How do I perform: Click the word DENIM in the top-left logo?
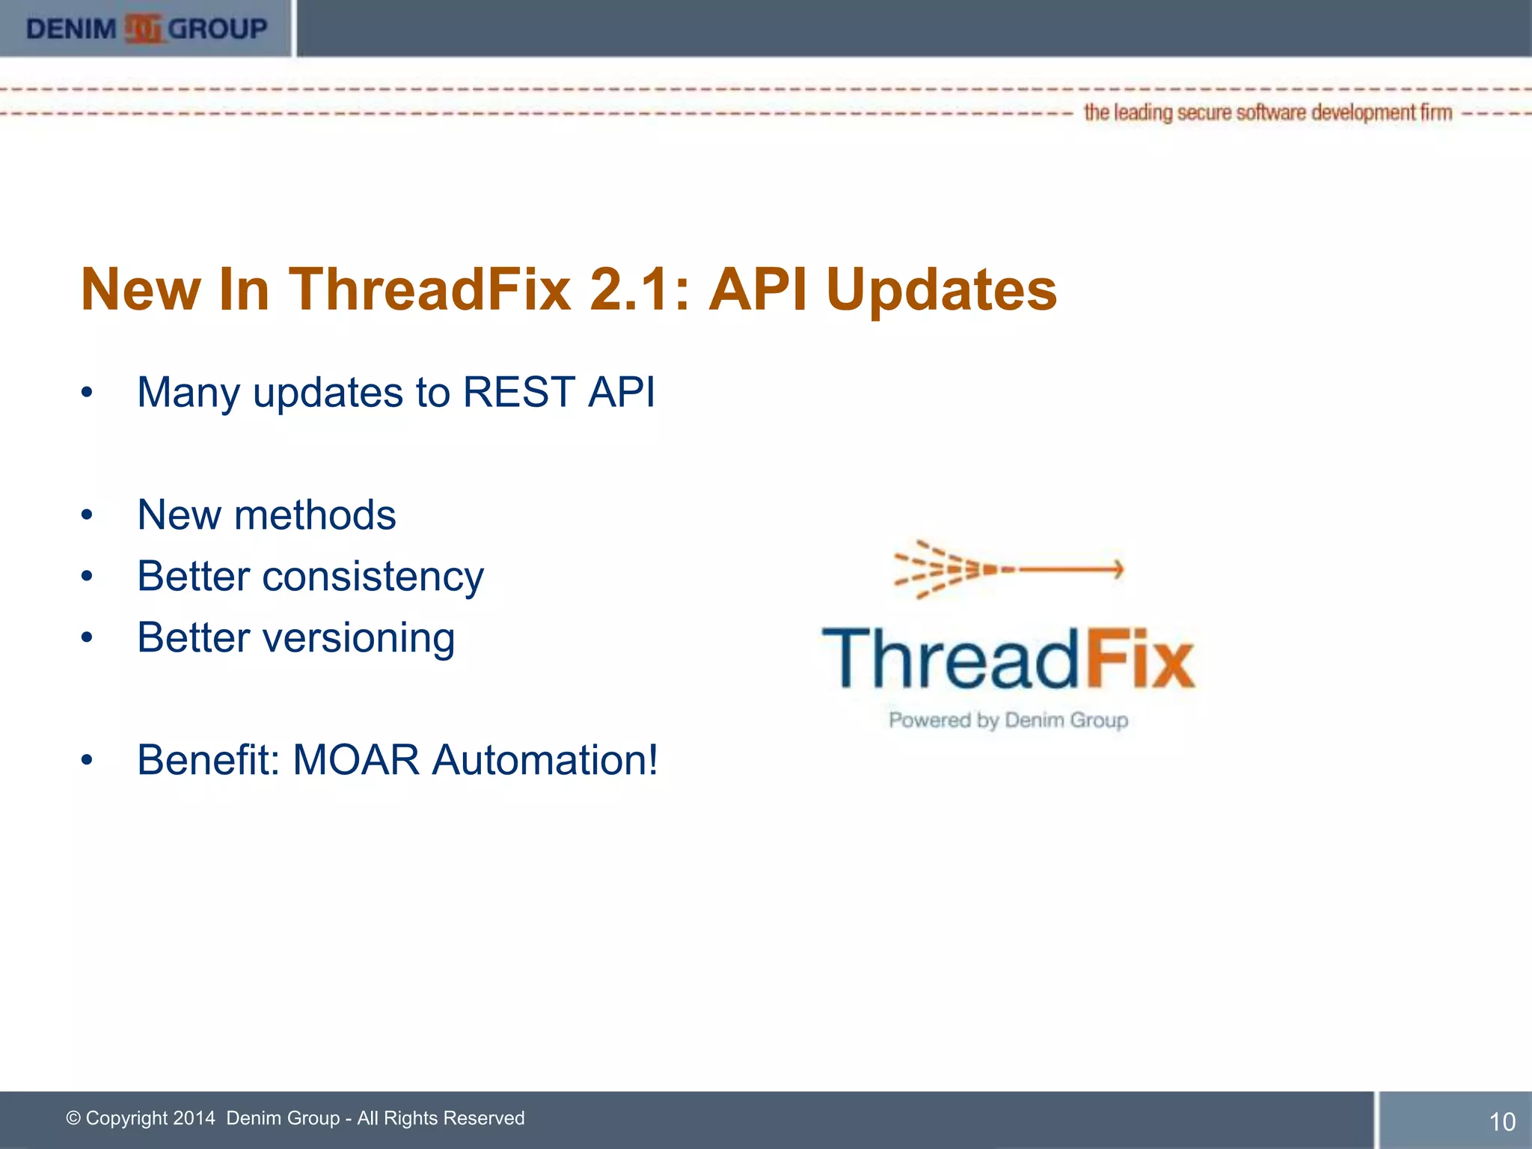pyautogui.click(x=71, y=29)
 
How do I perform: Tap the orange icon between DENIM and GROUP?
pyautogui.click(x=143, y=29)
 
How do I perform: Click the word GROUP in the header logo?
pyautogui.click(x=218, y=29)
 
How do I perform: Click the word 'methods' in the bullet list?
pyautogui.click(x=315, y=515)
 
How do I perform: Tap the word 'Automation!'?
pyautogui.click(x=545, y=760)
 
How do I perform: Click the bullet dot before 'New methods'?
pyautogui.click(x=88, y=515)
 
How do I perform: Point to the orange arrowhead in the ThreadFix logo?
pyautogui.click(x=1117, y=569)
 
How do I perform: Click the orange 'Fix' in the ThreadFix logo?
pyautogui.click(x=1139, y=659)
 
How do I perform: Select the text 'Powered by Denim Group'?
pyautogui.click(x=1008, y=720)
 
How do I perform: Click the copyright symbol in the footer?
pyautogui.click(x=73, y=1118)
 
